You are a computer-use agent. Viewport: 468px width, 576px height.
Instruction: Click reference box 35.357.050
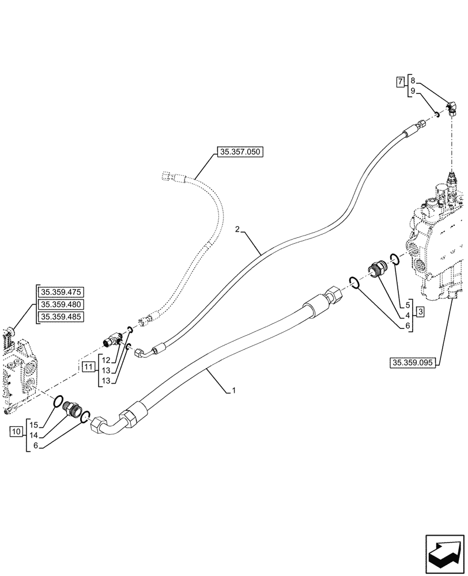coord(240,153)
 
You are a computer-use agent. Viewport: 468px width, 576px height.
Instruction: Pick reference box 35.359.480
coord(61,305)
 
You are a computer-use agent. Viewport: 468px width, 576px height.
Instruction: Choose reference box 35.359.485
coord(61,317)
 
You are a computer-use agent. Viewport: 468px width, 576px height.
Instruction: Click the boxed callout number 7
coord(400,82)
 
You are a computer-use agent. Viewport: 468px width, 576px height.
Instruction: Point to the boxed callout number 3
coord(420,312)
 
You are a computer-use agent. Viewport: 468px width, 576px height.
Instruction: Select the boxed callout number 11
coord(88,366)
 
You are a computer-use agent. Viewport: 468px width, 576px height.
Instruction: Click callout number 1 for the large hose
coord(234,391)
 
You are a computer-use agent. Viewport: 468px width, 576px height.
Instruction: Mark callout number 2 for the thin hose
coord(237,230)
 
